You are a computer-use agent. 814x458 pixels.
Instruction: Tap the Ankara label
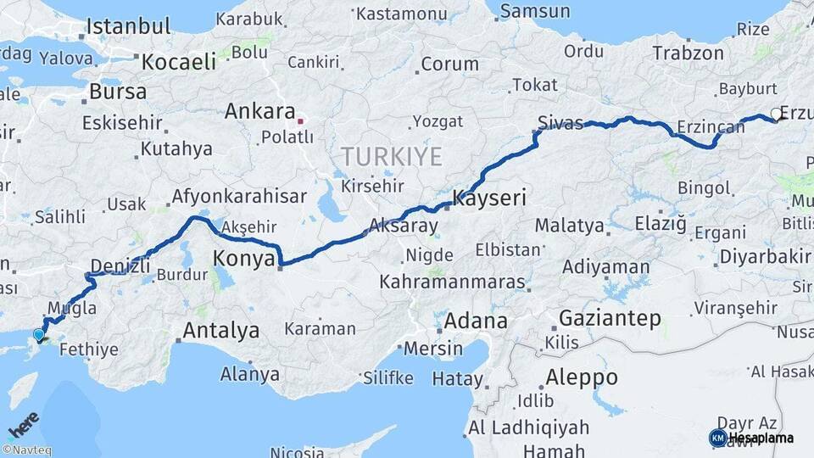[259, 112]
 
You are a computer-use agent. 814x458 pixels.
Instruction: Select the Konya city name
[243, 258]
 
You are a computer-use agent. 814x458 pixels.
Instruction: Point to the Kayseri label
[490, 198]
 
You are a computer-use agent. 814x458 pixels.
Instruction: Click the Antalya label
[221, 330]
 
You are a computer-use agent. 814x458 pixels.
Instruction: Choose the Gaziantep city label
[610, 319]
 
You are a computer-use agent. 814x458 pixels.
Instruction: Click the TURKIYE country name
[392, 156]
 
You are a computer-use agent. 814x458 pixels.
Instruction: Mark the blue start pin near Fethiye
[38, 335]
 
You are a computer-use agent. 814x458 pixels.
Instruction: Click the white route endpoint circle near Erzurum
[775, 114]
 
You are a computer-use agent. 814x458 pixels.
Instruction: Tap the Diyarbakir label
[765, 256]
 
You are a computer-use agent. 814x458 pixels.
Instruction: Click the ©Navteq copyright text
[26, 450]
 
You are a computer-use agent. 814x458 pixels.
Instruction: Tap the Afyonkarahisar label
[239, 197]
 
